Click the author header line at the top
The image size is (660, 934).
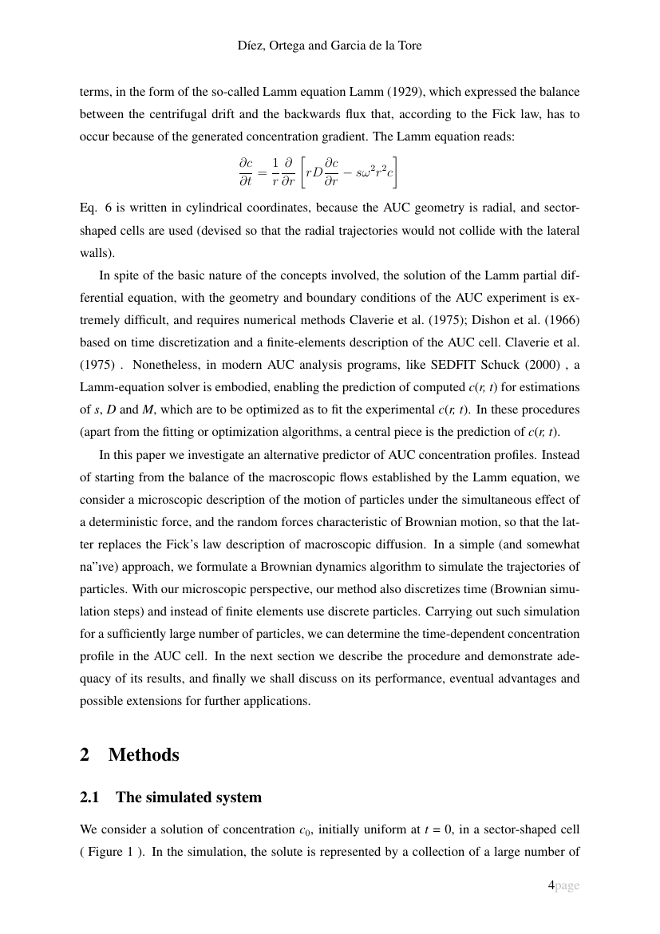(x=330, y=46)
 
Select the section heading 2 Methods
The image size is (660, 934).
(x=129, y=754)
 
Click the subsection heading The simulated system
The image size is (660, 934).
(x=188, y=797)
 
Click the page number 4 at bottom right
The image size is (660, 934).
(x=551, y=885)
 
